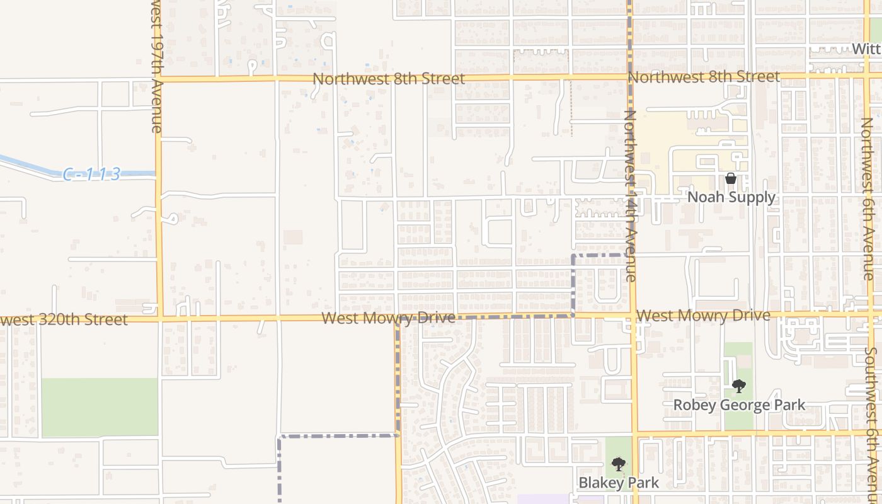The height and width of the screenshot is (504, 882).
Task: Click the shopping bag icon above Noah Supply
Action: click(x=731, y=178)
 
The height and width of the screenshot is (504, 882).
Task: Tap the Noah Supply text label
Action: click(x=731, y=197)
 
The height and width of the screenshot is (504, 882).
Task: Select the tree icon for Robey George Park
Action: click(x=739, y=386)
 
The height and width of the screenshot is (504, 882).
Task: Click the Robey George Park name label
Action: click(x=739, y=404)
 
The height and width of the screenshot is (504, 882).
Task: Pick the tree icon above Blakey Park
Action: click(x=619, y=464)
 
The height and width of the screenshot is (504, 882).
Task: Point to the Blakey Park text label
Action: click(x=619, y=483)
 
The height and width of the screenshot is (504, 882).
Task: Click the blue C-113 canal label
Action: click(x=91, y=175)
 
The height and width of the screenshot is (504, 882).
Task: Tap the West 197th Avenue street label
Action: click(x=157, y=66)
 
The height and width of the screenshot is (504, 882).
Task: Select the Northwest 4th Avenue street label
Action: click(x=631, y=195)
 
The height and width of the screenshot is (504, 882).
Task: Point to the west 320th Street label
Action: click(x=63, y=320)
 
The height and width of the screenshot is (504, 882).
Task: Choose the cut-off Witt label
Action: click(x=866, y=49)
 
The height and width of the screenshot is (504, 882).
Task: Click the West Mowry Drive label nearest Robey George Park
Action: click(x=703, y=316)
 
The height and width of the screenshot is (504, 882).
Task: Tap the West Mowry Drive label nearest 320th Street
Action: click(x=388, y=318)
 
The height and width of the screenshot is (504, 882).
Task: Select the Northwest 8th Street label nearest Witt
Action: click(x=704, y=77)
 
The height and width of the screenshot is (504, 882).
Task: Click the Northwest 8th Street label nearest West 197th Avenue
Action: click(x=389, y=79)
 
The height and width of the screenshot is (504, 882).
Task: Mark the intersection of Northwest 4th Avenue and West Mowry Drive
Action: click(x=633, y=314)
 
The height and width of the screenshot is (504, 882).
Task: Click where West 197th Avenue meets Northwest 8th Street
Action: click(x=157, y=79)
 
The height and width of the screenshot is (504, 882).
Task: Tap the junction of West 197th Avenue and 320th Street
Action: click(x=159, y=319)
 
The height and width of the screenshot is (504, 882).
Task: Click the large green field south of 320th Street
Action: click(x=99, y=408)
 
